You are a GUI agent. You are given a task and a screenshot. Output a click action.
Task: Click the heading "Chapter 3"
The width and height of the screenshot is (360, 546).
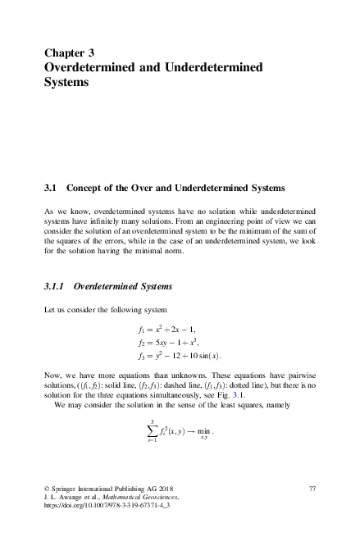(75, 52)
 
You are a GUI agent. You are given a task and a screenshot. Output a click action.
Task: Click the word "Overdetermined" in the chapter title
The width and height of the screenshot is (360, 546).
(97, 67)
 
